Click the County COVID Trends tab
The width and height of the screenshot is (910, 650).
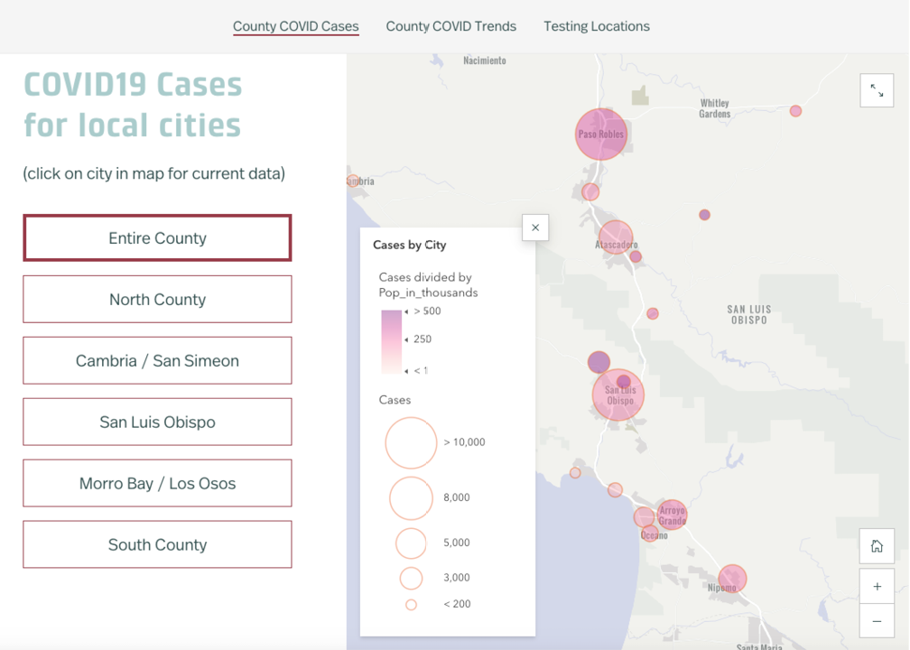[x=450, y=26]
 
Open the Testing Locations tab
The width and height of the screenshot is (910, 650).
[x=596, y=26]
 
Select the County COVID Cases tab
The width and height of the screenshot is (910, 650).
[x=296, y=26]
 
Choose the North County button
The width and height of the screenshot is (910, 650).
[x=157, y=299]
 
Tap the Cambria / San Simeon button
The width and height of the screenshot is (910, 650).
[x=157, y=360]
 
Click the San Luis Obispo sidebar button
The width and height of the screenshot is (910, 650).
[x=157, y=422]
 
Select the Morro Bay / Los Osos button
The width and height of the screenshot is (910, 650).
[x=157, y=483]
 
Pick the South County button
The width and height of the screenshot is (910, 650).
[x=157, y=544]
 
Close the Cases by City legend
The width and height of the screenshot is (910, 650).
[x=535, y=227]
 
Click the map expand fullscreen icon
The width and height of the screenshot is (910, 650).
[x=877, y=90]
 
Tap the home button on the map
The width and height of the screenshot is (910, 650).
[x=877, y=546]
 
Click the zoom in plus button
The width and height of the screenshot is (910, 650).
[x=877, y=586]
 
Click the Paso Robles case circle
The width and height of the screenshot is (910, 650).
[x=601, y=134]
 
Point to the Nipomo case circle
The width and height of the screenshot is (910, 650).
[x=732, y=579]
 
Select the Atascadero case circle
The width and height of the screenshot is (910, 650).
[x=616, y=237]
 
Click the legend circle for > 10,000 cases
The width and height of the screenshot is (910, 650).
[x=411, y=442]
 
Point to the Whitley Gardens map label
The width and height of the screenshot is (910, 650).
[x=714, y=108]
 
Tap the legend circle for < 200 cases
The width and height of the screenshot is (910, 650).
[x=411, y=605]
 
